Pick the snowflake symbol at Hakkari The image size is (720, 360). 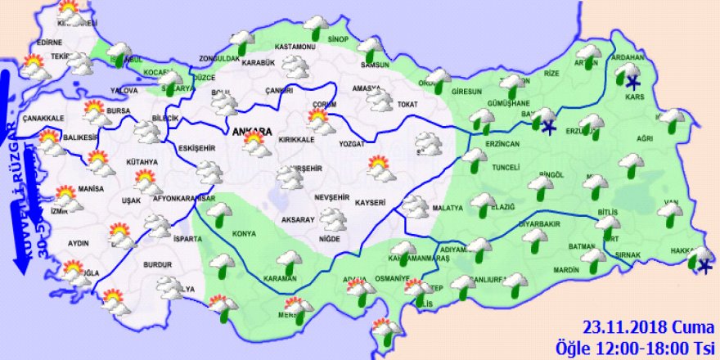click(x=704, y=267)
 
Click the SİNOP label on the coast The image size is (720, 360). click(x=338, y=39)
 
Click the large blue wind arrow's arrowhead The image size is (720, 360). click(x=15, y=265)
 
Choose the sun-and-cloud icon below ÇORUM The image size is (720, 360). click(x=320, y=123)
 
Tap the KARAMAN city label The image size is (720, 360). click(x=280, y=279)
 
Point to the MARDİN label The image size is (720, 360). click(x=542, y=269)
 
